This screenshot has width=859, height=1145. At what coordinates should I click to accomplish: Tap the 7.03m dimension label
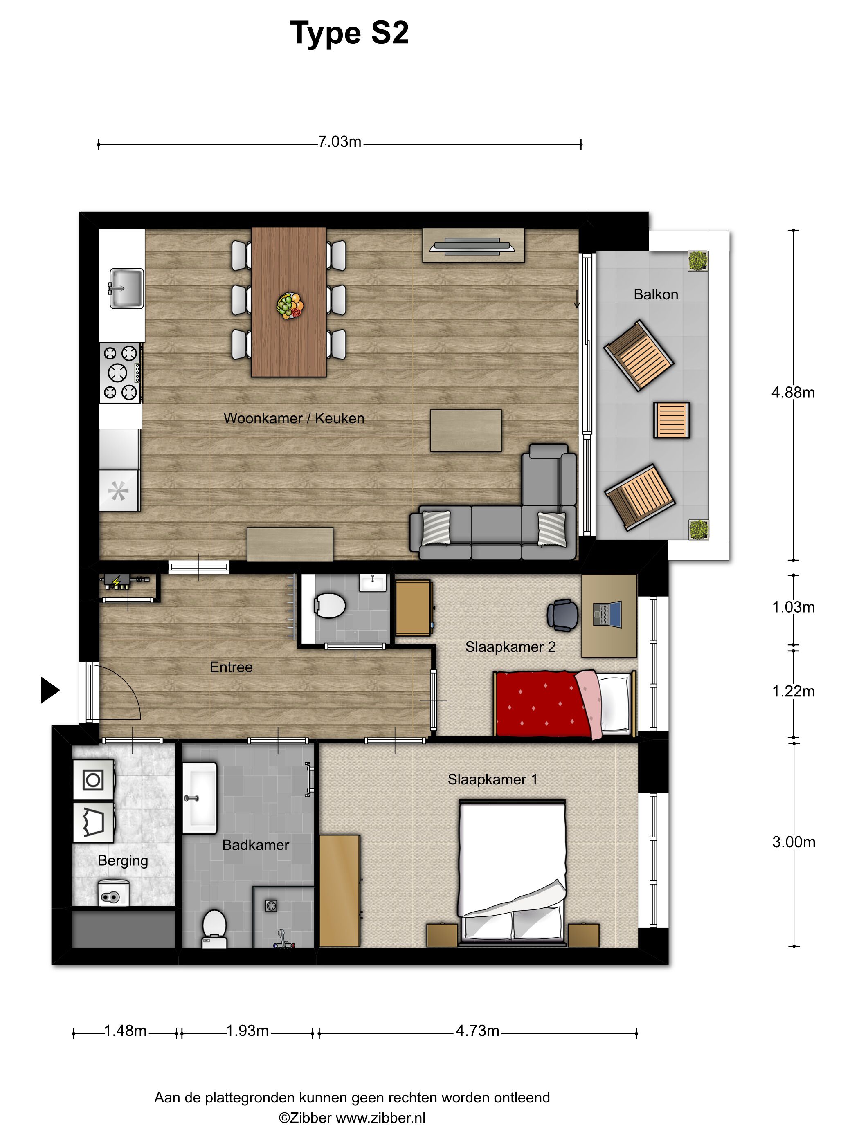pos(340,142)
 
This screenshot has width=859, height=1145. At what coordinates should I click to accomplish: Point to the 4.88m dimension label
pos(793,393)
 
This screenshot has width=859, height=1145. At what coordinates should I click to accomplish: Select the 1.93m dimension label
pos(247,1031)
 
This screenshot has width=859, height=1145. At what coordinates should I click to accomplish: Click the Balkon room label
pos(656,294)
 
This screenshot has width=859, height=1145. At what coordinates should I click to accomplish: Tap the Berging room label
pos(123,861)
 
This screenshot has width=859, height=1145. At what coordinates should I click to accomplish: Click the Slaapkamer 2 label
pos(510,647)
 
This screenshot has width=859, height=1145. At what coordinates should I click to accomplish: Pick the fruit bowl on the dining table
pos(290,305)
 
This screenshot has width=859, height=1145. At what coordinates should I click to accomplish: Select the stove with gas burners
pos(120,373)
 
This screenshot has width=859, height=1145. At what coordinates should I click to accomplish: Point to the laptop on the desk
pos(607,615)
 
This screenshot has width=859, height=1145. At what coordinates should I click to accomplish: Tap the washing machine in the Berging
pos(93,779)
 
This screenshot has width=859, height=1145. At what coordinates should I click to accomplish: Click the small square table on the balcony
pos(672,420)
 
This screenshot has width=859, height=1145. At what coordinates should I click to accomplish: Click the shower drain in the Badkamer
pos(271,905)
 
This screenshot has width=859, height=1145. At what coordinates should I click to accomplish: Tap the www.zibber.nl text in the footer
pos(380,1118)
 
